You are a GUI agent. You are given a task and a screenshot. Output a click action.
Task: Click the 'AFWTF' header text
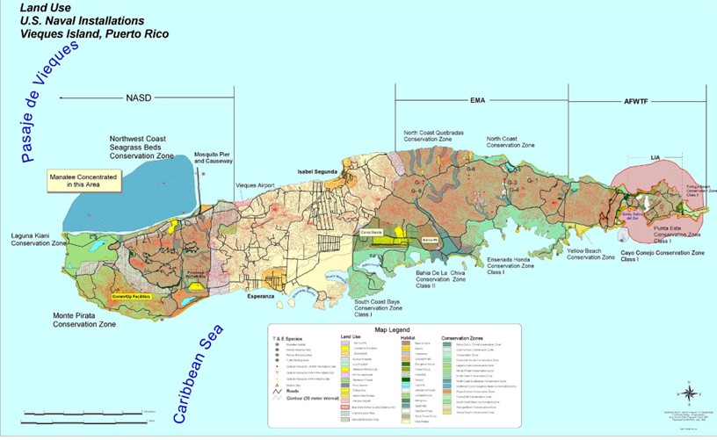(x=637, y=101)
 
